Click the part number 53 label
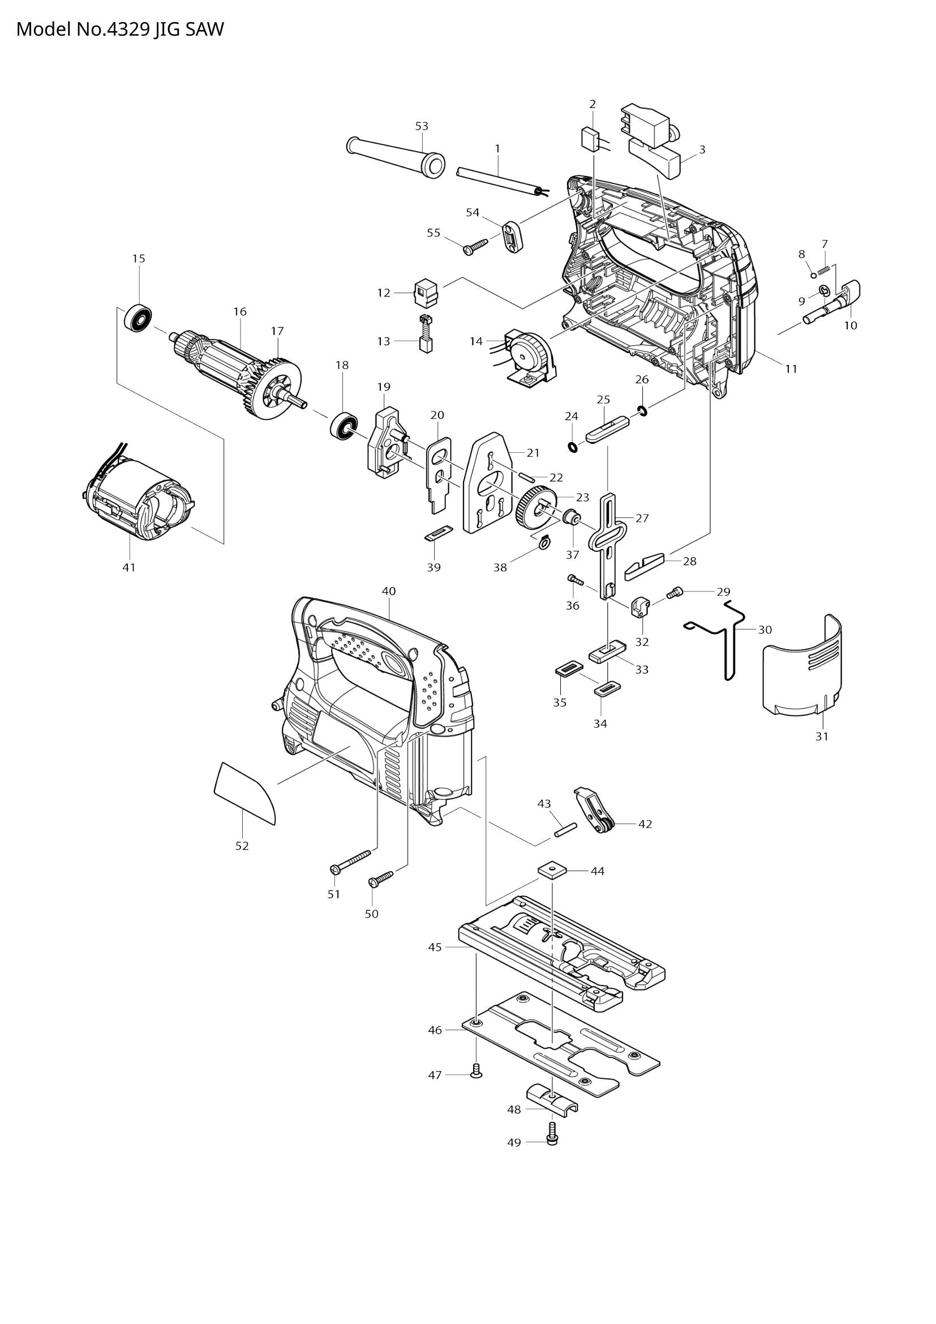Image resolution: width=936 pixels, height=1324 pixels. pyautogui.click(x=422, y=126)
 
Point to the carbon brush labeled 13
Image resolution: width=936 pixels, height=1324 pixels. pyautogui.click(x=426, y=335)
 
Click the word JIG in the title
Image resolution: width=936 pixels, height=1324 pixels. pyautogui.click(x=165, y=29)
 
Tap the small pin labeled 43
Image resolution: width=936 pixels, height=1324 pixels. pyautogui.click(x=565, y=835)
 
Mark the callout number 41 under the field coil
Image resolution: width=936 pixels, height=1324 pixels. pyautogui.click(x=129, y=567)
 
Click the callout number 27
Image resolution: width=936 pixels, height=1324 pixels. pyautogui.click(x=642, y=518)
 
